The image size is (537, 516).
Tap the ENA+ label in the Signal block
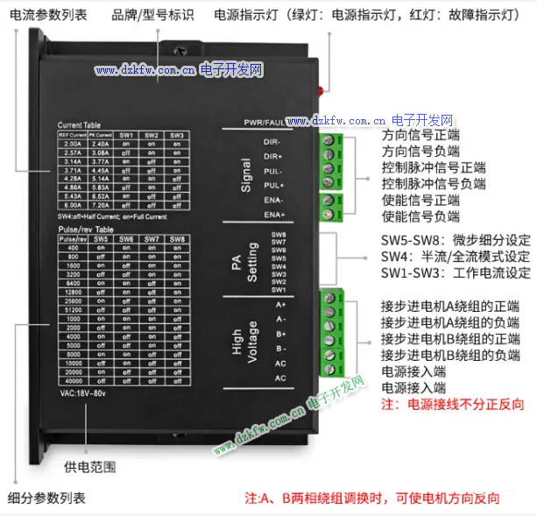(x=274, y=216)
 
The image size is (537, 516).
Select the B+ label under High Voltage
(x=280, y=334)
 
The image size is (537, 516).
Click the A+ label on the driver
(x=280, y=304)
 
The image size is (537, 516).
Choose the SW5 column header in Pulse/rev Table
(x=100, y=239)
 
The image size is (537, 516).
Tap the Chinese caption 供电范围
(x=90, y=467)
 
